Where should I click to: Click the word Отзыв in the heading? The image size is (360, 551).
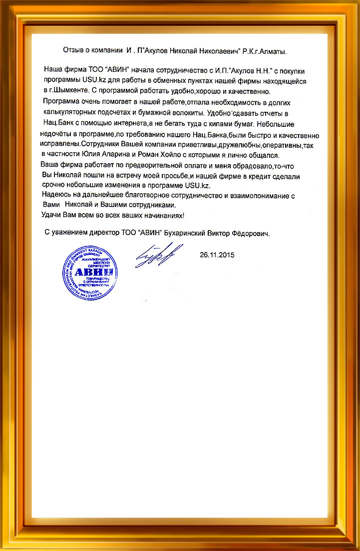[74, 50]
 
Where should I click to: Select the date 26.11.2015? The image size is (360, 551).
[217, 255]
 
